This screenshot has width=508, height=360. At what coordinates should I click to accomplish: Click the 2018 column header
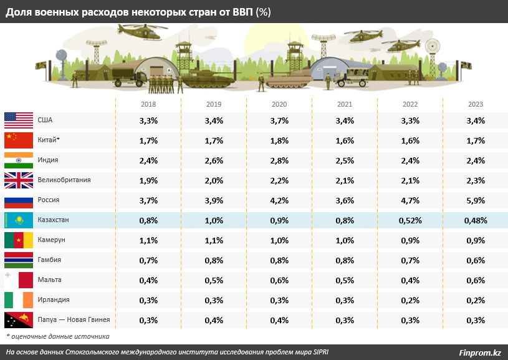148,104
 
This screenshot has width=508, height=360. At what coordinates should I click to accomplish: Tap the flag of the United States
18,120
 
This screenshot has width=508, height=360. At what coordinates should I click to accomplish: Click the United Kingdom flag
18,180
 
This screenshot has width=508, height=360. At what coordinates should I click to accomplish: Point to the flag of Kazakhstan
18,220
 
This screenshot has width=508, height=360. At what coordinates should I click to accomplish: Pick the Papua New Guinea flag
18,320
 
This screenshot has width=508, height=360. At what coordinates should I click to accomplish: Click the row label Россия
48,200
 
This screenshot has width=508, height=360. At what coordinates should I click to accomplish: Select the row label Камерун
50,240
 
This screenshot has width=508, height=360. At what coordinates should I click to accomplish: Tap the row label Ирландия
53,300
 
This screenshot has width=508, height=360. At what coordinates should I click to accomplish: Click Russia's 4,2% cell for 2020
279,200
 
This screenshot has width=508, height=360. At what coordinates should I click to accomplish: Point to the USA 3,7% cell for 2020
279,120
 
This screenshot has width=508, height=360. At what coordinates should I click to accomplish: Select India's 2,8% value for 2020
279,160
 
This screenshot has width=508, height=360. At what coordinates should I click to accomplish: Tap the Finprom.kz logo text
480,353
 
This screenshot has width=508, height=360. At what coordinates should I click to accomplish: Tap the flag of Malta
18,280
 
